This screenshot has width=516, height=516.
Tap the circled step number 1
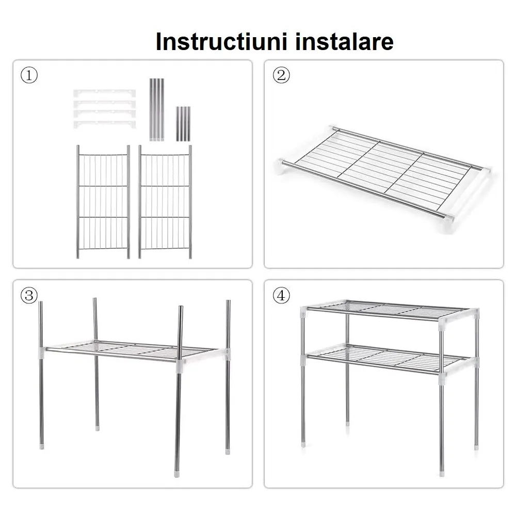pos(29,75)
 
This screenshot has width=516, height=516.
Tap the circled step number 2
pos(281,75)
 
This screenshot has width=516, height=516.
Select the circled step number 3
pos(29,295)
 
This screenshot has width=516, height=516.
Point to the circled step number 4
pos(281,295)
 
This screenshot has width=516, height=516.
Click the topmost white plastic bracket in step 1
pos(104,92)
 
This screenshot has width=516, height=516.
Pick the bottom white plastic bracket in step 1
pos(104,124)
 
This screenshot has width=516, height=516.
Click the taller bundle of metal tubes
pos(157,109)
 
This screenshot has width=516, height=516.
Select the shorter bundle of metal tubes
pos(183,124)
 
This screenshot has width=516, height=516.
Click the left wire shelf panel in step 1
pos(103,202)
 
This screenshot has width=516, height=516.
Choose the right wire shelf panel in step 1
pos(165,202)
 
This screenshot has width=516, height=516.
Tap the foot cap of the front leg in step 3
pos(176,475)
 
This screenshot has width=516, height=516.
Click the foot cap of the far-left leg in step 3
pos(42,447)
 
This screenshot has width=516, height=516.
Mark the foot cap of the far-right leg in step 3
pos(228,452)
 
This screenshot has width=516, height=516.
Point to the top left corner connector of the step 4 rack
pos(304,311)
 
